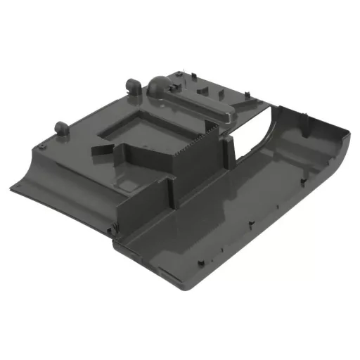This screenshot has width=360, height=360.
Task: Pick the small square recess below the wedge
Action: click(129, 185)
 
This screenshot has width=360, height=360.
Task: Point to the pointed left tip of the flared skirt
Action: click(13, 188)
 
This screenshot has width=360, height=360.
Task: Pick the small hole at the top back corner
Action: click(179, 73)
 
